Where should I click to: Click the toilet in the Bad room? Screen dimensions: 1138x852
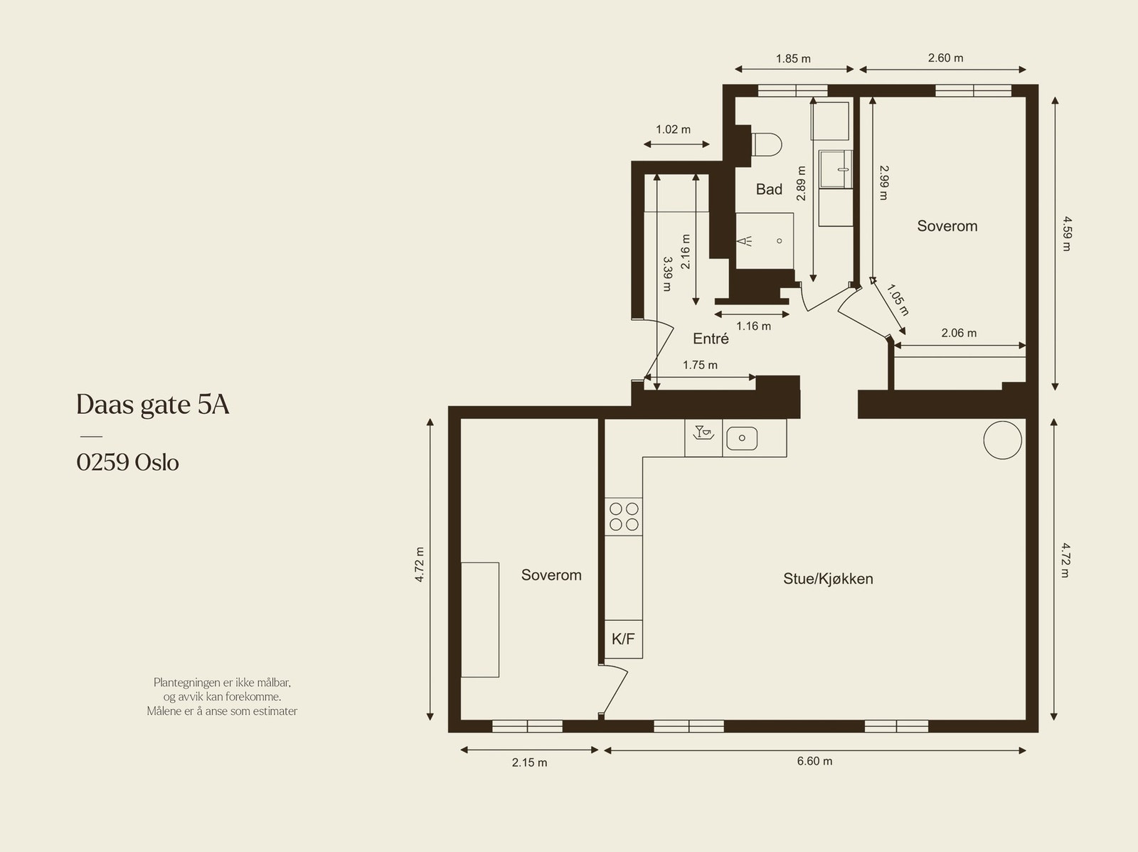point(766,144)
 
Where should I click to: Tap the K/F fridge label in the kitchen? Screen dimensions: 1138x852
point(623,639)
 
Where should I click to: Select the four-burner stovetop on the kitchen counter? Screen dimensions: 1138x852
point(624,517)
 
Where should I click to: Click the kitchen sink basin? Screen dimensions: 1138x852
point(742,438)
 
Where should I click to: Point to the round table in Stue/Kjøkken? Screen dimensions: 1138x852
point(1003,440)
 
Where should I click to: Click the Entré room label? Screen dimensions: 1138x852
point(711,339)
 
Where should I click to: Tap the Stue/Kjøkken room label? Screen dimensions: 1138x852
point(828,579)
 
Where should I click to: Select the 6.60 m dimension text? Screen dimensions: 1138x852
point(814,761)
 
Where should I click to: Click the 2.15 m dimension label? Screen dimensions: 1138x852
point(529,762)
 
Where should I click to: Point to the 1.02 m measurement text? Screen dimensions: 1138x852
point(673,129)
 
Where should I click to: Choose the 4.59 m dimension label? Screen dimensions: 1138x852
point(1067,234)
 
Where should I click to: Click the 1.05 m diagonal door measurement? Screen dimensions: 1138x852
point(898,299)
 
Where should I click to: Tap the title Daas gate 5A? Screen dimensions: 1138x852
point(153,405)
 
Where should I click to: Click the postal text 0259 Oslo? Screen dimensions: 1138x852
point(127,462)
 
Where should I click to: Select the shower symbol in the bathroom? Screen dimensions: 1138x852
point(745,241)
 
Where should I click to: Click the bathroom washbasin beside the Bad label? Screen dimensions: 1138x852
point(836,169)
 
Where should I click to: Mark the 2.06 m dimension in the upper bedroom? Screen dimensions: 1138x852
point(959,334)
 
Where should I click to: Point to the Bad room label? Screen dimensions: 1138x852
point(769,189)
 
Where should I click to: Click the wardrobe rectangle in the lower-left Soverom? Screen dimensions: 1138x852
point(480,620)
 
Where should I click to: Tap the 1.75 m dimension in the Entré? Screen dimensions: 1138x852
point(700,365)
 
